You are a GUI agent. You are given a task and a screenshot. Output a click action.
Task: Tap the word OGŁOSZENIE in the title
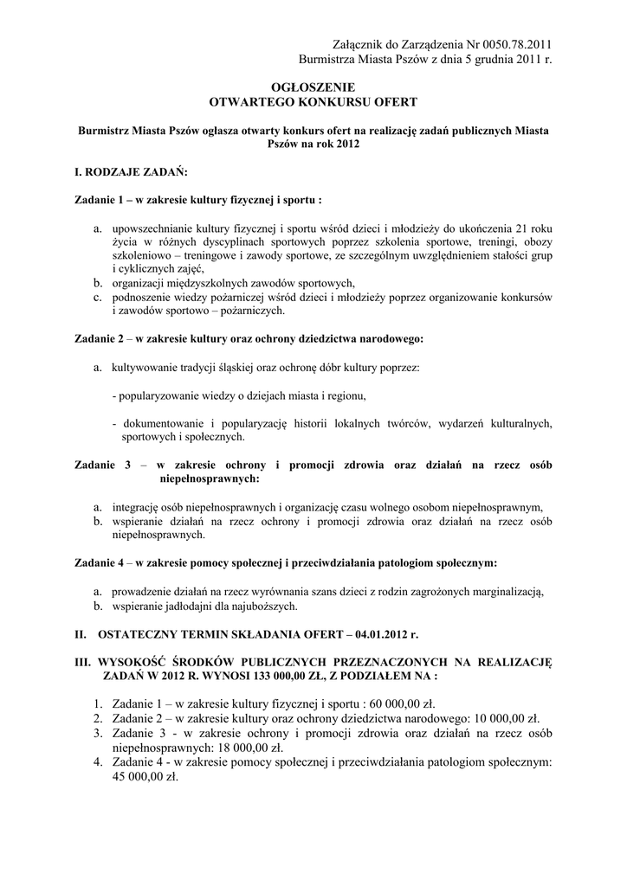tap(313, 87)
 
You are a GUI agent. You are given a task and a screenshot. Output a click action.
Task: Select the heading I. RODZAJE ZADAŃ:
tap(126, 172)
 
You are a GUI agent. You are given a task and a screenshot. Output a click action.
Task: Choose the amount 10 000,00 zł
tap(505, 717)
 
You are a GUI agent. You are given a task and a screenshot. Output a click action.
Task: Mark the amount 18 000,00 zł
tap(241, 748)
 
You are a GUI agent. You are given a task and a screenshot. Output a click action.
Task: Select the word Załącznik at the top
tap(360, 44)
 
